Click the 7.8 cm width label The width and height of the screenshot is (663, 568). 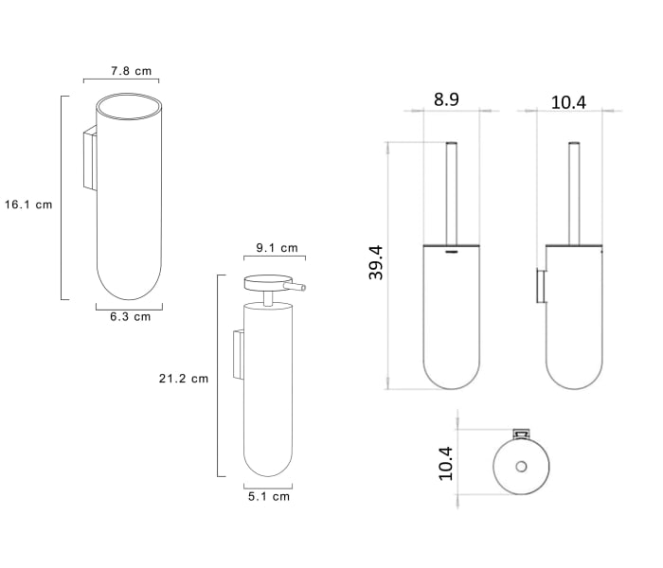tap(130, 71)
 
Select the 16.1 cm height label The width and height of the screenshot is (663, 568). tap(27, 204)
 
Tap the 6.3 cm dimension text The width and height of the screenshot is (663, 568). tap(129, 317)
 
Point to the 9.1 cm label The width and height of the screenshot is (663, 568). tap(277, 248)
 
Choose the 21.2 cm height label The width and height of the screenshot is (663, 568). tap(183, 379)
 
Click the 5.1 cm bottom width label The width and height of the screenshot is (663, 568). tap(268, 496)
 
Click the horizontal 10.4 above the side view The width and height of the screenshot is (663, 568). tap(568, 101)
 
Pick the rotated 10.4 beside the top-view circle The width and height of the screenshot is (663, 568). tap(445, 464)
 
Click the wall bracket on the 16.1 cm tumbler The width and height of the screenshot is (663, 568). tap(90, 158)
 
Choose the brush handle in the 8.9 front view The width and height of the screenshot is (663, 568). tap(452, 189)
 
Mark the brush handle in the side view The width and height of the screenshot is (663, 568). tap(573, 189)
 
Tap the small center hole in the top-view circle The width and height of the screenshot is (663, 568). tap(519, 467)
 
